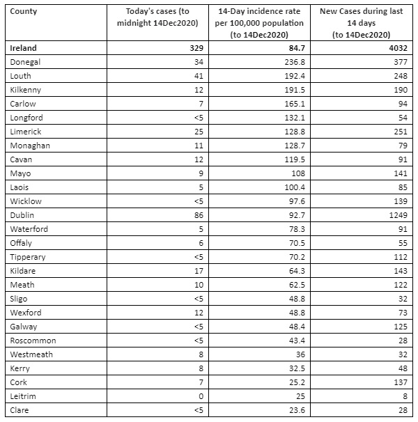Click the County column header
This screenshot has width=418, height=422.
click(24, 12)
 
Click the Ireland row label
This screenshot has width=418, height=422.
click(24, 48)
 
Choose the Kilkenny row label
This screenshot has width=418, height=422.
click(25, 90)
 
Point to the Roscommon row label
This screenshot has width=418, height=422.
click(33, 341)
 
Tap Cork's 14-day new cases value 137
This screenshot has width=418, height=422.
click(395, 382)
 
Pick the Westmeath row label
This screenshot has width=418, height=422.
click(32, 354)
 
